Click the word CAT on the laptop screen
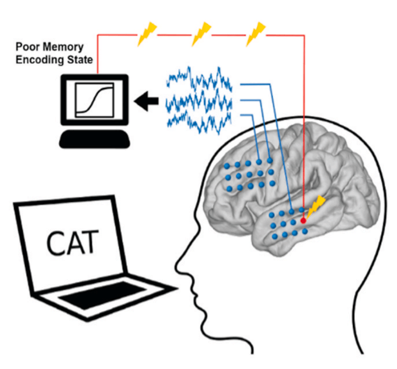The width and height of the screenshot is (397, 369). (72, 242)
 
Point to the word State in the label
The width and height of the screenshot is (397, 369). (80, 60)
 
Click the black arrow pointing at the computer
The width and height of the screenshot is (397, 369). (146, 101)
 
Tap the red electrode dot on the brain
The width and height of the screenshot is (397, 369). (303, 221)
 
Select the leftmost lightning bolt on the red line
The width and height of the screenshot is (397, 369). (147, 34)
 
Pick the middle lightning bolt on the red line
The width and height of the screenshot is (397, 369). (202, 34)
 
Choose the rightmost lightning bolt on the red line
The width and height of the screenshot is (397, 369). (256, 34)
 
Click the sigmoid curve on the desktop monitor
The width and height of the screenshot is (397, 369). (94, 99)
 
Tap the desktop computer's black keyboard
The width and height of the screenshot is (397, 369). (94, 139)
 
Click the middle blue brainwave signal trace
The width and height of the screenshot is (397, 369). (199, 102)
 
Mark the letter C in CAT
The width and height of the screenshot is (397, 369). (55, 243)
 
